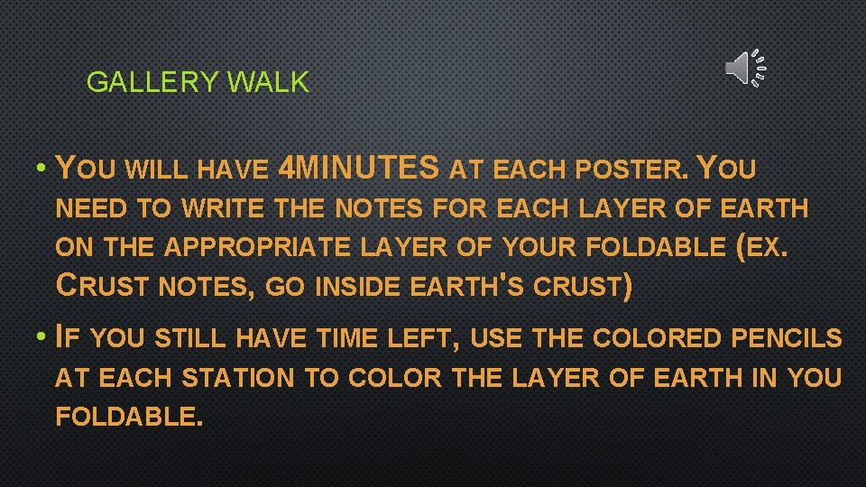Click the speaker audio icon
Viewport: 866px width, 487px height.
pos(744,68)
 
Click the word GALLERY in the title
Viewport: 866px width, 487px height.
pos(152,83)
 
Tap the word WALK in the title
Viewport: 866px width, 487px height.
pos(268,83)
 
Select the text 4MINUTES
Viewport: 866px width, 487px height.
pos(360,168)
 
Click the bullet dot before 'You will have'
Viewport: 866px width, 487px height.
pos(42,169)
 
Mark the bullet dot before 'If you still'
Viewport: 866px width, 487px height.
pos(42,338)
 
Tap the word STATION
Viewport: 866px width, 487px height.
pos(237,378)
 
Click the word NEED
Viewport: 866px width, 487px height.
pos(91,208)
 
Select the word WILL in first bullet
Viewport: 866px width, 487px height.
pos(161,169)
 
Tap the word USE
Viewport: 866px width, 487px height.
pos(498,339)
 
